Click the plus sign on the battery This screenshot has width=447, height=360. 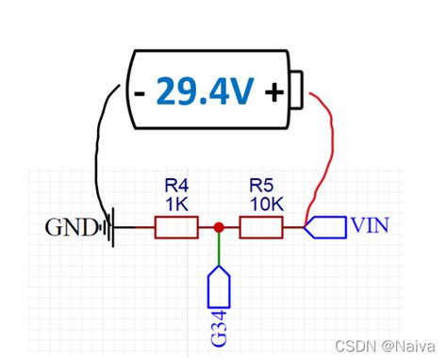(274, 94)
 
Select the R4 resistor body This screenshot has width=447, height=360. (176, 227)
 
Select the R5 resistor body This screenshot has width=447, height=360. (261, 227)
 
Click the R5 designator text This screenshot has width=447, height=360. (261, 186)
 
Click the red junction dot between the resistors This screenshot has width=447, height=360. (219, 227)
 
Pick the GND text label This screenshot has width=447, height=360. (72, 228)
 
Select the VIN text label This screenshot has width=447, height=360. (369, 226)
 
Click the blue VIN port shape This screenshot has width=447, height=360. (325, 227)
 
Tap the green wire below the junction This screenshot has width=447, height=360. (219, 250)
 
